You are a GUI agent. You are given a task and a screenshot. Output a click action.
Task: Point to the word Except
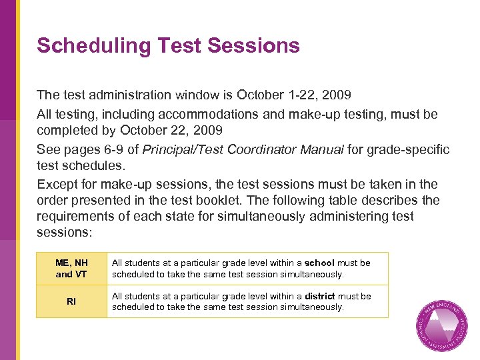click(58, 184)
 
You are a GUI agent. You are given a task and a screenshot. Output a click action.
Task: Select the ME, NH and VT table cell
click(71, 268)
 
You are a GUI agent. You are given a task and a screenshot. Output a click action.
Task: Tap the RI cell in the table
click(71, 301)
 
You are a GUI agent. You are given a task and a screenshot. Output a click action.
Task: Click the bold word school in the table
click(319, 263)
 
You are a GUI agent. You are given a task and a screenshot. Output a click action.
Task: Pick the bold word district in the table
click(320, 296)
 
